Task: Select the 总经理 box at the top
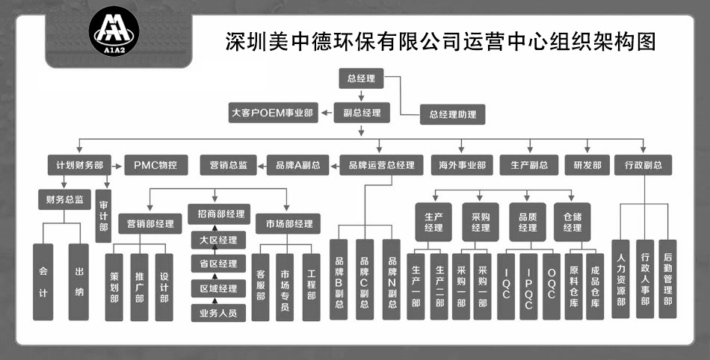tap(362, 78)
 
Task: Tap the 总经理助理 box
tap(452, 114)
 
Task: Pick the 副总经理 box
tap(362, 114)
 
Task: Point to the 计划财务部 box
tap(79, 165)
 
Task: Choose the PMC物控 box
tap(156, 165)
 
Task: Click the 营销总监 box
tap(229, 165)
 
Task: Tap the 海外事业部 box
tap(462, 165)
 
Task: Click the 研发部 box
tap(587, 165)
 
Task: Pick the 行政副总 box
tap(642, 165)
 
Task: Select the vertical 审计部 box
tap(103, 217)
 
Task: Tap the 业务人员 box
tap(217, 313)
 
